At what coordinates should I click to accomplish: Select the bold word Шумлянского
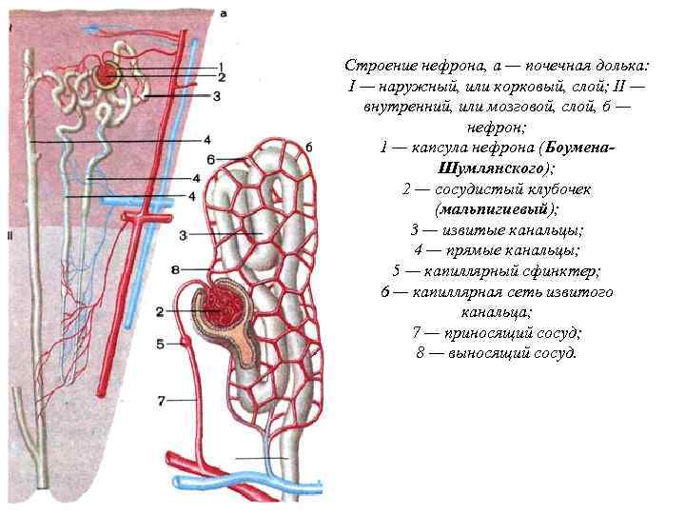[x=489, y=168]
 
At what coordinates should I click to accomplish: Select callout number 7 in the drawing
[x=162, y=399]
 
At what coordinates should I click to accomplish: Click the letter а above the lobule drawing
[x=222, y=13]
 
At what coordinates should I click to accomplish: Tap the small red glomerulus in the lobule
[x=107, y=72]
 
